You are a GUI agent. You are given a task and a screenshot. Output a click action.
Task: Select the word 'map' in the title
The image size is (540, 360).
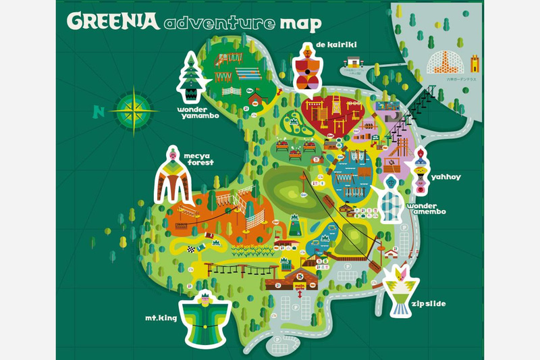pyautogui.click(x=300, y=24)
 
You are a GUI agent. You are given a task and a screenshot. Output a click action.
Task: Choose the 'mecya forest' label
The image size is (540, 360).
pyautogui.click(x=197, y=159)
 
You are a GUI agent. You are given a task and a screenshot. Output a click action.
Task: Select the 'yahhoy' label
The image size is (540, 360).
pyautogui.click(x=448, y=177)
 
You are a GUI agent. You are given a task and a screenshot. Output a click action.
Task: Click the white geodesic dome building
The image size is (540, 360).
pyautogui.click(x=443, y=63)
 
